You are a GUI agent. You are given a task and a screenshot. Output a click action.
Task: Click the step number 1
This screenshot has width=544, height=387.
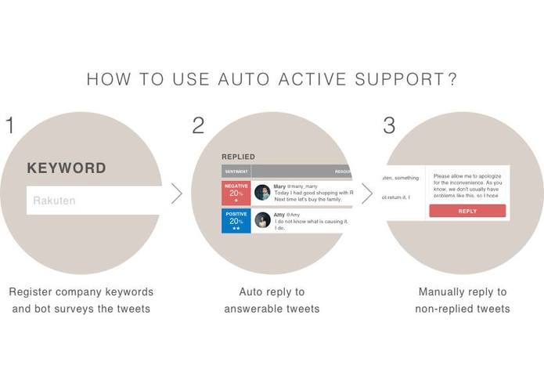10,125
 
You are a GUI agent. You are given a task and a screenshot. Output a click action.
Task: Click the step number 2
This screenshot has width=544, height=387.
198,125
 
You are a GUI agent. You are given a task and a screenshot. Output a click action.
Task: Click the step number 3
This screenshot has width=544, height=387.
389,125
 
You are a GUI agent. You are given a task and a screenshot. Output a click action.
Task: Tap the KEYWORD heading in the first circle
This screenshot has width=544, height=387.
67,168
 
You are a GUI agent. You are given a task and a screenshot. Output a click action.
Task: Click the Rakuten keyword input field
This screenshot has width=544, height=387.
94,201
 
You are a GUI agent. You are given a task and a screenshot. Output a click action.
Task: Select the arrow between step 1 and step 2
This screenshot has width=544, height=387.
176,193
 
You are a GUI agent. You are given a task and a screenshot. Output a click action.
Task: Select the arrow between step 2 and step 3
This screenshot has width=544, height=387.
366,193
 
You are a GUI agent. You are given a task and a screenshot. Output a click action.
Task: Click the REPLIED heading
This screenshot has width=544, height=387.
238,157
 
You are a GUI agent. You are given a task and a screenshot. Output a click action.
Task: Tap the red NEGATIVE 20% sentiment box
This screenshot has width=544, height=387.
236,193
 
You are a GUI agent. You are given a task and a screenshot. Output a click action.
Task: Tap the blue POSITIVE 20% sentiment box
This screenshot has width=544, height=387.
236,220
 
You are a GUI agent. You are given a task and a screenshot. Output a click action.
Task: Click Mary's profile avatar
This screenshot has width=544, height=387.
262,193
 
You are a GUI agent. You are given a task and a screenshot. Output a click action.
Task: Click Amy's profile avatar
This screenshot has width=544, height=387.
262,220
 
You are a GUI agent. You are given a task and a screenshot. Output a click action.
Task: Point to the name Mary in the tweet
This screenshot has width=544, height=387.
279,186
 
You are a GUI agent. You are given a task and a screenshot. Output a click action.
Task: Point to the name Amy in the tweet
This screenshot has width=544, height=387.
279,214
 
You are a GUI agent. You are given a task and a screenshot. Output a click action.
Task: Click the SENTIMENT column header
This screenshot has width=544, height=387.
236,171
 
